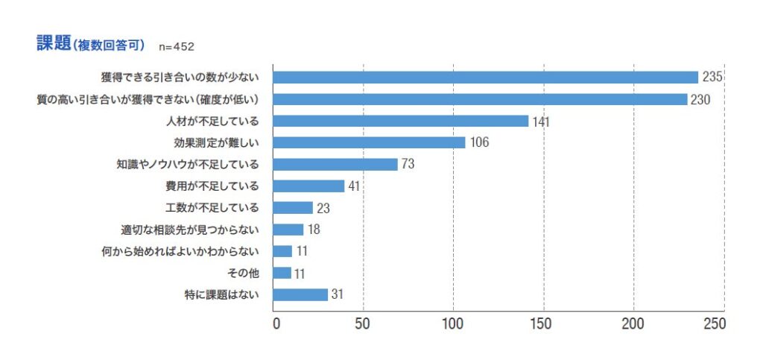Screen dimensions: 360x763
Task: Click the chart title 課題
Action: pos(54,43)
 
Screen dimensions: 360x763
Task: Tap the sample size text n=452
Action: pos(177,46)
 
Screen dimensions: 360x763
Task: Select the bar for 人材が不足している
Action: pos(401,121)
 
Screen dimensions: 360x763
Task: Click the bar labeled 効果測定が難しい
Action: pos(369,142)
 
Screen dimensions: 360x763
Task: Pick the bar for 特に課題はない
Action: pos(300,294)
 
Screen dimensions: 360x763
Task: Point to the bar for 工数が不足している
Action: pos(293,208)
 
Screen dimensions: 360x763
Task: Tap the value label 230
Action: pos(701,99)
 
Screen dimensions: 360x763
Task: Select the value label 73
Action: pos(408,164)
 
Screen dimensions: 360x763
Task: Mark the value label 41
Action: pos(354,186)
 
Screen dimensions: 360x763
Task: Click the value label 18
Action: pos(314,230)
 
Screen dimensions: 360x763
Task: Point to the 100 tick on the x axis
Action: pos(453,324)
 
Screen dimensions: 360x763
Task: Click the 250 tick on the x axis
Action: pos(714,324)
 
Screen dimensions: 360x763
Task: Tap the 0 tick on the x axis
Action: pos(276,324)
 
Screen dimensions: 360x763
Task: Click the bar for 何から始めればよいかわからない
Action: pos(282,251)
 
